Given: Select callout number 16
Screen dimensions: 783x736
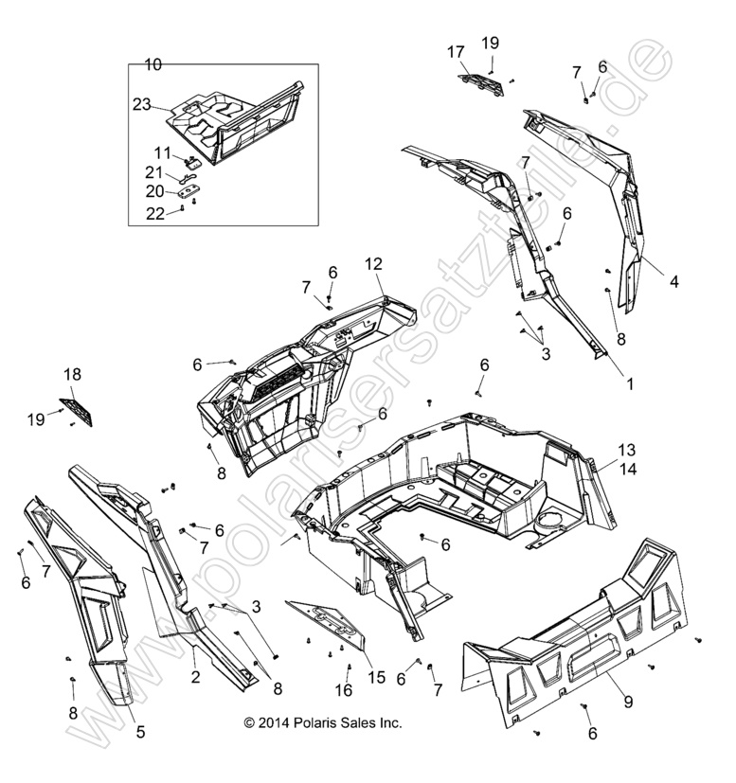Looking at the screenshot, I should tap(322, 689).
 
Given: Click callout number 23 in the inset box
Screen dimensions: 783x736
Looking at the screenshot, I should tap(142, 105).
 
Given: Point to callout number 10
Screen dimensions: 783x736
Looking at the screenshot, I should tap(153, 64).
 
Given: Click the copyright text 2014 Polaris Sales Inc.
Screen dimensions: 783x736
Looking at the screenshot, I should tap(322, 722).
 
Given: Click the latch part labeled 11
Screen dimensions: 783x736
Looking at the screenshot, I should tap(192, 165).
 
